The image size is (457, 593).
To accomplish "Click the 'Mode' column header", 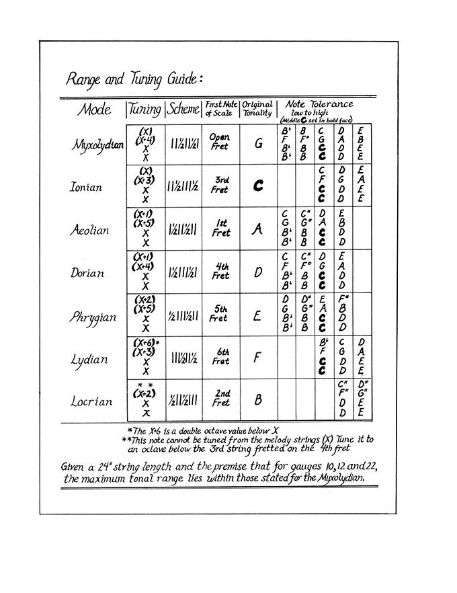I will coord(94,109).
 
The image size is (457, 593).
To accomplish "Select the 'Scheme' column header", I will coord(182,110).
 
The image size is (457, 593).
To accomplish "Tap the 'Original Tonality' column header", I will coord(257,109).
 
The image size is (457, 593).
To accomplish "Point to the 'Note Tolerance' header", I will coord(319,105).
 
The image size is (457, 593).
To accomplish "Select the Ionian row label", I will coord(87,187).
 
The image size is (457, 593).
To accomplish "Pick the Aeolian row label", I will coord(89,229).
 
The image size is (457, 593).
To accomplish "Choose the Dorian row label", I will coord(87,273).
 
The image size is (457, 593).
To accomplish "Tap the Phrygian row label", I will coord(93,316).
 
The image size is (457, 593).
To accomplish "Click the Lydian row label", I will coord(89,359).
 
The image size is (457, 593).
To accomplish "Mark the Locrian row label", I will coord(91,401).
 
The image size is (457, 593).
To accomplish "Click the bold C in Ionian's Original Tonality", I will coord(257,186).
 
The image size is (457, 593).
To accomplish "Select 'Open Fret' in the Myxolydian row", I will coord(220,142).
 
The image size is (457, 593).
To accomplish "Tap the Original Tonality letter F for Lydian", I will coord(257,358).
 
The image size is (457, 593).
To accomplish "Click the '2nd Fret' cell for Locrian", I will coord(220,398).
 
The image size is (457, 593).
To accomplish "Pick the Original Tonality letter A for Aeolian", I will coord(257,229).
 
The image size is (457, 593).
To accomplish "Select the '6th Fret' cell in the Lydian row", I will coord(219,356).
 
